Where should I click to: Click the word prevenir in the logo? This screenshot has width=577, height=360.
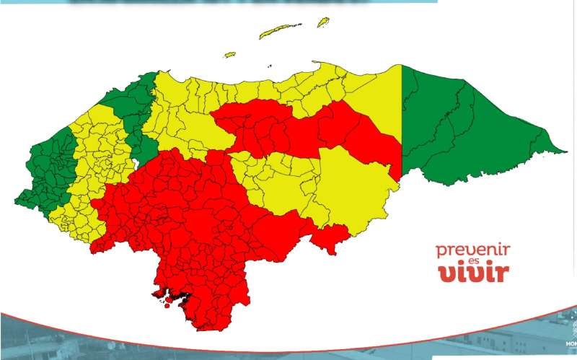click(x=472, y=250)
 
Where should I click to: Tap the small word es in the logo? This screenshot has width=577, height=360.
click(x=473, y=263)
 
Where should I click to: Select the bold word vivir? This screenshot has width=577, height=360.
click(x=473, y=273)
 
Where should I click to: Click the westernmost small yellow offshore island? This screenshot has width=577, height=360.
click(x=230, y=54)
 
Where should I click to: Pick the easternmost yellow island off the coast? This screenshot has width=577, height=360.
click(x=324, y=22)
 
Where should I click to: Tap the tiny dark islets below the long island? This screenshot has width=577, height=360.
click(x=295, y=38)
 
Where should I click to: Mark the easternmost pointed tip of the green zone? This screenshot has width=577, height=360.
click(x=565, y=151)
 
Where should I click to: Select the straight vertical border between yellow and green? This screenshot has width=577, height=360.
click(x=401, y=123)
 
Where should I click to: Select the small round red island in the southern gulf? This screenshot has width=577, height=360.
click(x=167, y=304)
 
